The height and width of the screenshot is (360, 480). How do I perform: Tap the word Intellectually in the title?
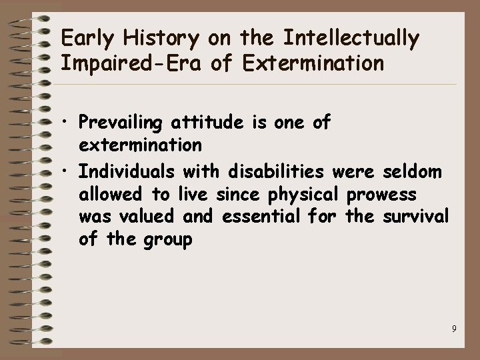(351, 39)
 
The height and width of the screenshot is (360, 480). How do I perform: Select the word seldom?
(413, 173)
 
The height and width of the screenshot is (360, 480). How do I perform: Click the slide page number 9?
(453, 328)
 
